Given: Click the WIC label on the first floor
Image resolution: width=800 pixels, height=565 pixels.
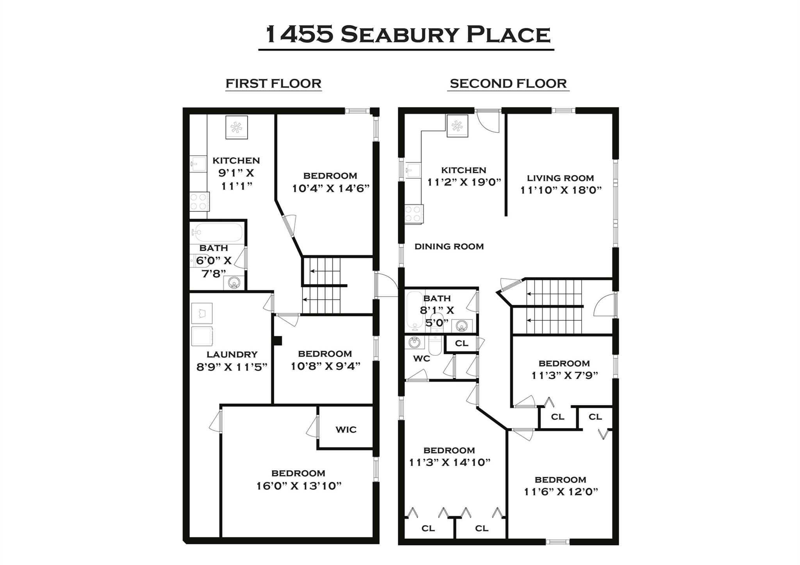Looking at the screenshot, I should [346, 430].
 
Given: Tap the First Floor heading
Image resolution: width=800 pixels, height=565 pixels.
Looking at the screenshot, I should [273, 84].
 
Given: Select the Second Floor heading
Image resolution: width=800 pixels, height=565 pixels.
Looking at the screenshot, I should [508, 84].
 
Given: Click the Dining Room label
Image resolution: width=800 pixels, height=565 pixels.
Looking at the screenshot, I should [449, 247].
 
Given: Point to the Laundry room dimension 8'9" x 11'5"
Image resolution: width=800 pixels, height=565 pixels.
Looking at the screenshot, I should [232, 367].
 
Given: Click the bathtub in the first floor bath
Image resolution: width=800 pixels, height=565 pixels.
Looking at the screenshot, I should [217, 233].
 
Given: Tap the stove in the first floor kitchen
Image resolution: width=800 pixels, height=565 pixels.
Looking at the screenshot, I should [199, 202].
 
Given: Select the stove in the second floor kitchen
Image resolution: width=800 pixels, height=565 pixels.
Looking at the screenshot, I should [414, 214].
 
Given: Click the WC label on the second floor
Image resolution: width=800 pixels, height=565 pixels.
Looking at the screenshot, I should [421, 359].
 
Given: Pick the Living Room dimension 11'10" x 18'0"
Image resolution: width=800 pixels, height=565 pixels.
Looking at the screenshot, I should [561, 190].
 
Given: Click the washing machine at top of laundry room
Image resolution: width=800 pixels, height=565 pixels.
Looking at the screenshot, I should [202, 313].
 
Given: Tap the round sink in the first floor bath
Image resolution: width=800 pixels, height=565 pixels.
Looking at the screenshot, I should [234, 282].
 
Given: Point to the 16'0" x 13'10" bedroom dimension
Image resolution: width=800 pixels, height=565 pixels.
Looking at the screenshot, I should [298, 486].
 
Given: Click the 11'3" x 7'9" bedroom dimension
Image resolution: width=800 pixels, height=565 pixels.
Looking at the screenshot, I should [564, 375].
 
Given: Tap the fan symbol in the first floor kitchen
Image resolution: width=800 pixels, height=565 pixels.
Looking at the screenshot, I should [236, 127].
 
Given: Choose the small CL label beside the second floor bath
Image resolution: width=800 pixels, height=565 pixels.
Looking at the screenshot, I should [461, 343].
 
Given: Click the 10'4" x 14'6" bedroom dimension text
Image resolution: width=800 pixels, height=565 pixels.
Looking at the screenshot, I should [330, 188].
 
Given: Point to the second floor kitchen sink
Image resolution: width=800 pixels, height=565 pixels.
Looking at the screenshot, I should [412, 170].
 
